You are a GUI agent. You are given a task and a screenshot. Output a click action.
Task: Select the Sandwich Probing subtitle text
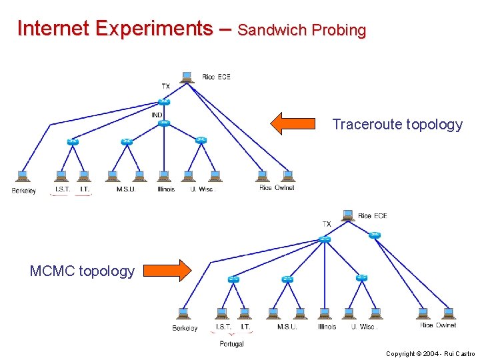tap(301, 31)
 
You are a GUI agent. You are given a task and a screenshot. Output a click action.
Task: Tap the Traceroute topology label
tap(397, 125)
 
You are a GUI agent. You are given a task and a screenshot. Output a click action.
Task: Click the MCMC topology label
tap(82, 271)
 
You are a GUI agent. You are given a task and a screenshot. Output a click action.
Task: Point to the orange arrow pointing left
tap(293, 123)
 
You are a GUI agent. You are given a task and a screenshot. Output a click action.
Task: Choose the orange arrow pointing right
tap(167, 270)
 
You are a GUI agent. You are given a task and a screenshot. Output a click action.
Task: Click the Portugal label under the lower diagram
tap(231, 344)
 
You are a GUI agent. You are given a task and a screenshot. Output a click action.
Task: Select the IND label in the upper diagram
tap(157, 115)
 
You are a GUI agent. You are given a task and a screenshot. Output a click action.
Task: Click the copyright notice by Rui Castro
tap(430, 354)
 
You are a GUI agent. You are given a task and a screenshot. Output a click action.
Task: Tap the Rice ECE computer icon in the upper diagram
tap(189, 77)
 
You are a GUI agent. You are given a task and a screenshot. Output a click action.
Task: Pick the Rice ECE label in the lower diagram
tap(372, 216)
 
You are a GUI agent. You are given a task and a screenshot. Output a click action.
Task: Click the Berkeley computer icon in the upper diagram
tap(22, 177)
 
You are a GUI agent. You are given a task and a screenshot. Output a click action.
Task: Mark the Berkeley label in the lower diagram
tap(185, 328)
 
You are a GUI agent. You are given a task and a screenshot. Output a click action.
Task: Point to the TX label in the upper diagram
tap(165, 86)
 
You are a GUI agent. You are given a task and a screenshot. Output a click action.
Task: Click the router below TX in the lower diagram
tap(324, 239)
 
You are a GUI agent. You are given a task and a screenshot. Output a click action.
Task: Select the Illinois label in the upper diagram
tap(166, 189)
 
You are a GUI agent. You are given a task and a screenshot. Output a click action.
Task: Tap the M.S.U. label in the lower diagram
tap(287, 327)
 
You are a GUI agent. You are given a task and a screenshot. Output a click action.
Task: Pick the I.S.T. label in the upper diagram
tap(62, 189)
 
